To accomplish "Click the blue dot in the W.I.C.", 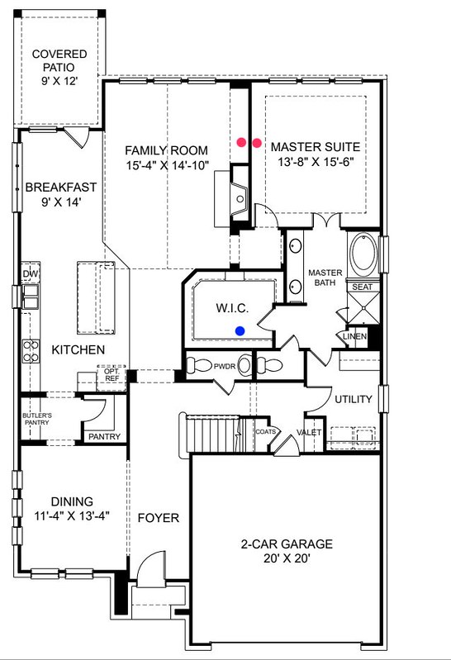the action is click(x=240, y=331).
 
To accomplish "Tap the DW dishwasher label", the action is click(x=31, y=274).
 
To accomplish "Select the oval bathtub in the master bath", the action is click(x=363, y=254).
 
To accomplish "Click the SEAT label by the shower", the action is click(x=362, y=287).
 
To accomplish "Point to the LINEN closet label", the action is click(x=354, y=337).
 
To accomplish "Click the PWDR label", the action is click(x=225, y=366).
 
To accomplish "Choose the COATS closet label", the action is click(x=266, y=431).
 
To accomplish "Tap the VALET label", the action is click(x=309, y=432).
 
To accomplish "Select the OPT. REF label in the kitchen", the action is click(x=112, y=375).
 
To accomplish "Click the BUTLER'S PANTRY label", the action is click(x=37, y=419).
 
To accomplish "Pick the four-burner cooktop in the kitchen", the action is click(x=31, y=351).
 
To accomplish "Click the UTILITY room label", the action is click(x=354, y=399).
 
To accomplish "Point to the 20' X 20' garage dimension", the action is click(x=287, y=558).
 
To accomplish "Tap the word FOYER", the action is click(x=159, y=518).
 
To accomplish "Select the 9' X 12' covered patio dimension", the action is click(x=59, y=81).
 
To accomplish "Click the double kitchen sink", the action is click(x=30, y=297).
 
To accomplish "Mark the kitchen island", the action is click(x=96, y=297).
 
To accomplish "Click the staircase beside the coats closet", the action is click(x=211, y=433).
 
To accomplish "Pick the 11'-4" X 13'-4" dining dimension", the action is click(x=72, y=515).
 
